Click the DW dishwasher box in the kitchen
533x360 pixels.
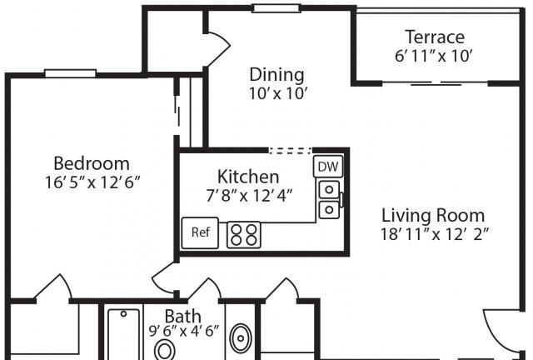point(328,167)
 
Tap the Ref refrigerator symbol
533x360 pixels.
point(200,232)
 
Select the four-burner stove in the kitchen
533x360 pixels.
point(244,235)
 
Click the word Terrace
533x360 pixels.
point(435,37)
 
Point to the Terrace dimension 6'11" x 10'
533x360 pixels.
point(434,56)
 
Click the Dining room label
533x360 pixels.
point(276,74)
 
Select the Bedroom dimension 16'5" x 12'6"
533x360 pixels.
point(92,182)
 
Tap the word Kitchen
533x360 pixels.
point(248,177)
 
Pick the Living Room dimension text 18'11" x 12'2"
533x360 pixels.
point(435,234)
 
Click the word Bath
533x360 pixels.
point(183,317)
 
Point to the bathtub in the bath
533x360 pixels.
point(124,334)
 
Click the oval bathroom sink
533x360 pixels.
point(241,338)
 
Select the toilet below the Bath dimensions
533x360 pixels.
point(165,351)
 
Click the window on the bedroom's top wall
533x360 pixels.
point(71,73)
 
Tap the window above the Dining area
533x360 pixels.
point(276,8)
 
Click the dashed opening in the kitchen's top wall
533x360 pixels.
point(290,150)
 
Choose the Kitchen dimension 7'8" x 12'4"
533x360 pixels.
point(249,196)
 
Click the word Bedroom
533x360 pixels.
point(92,163)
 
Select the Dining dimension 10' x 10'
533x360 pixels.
point(278,93)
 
